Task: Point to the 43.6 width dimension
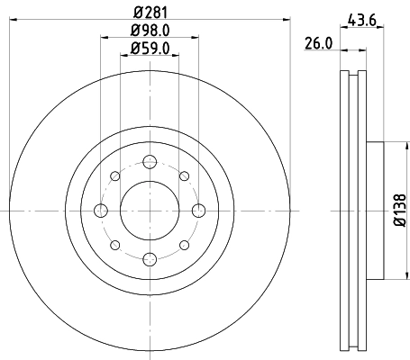pos(363,15)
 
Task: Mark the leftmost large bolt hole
pos(100,211)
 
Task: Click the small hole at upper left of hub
pos(114,176)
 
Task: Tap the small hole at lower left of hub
pos(114,245)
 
